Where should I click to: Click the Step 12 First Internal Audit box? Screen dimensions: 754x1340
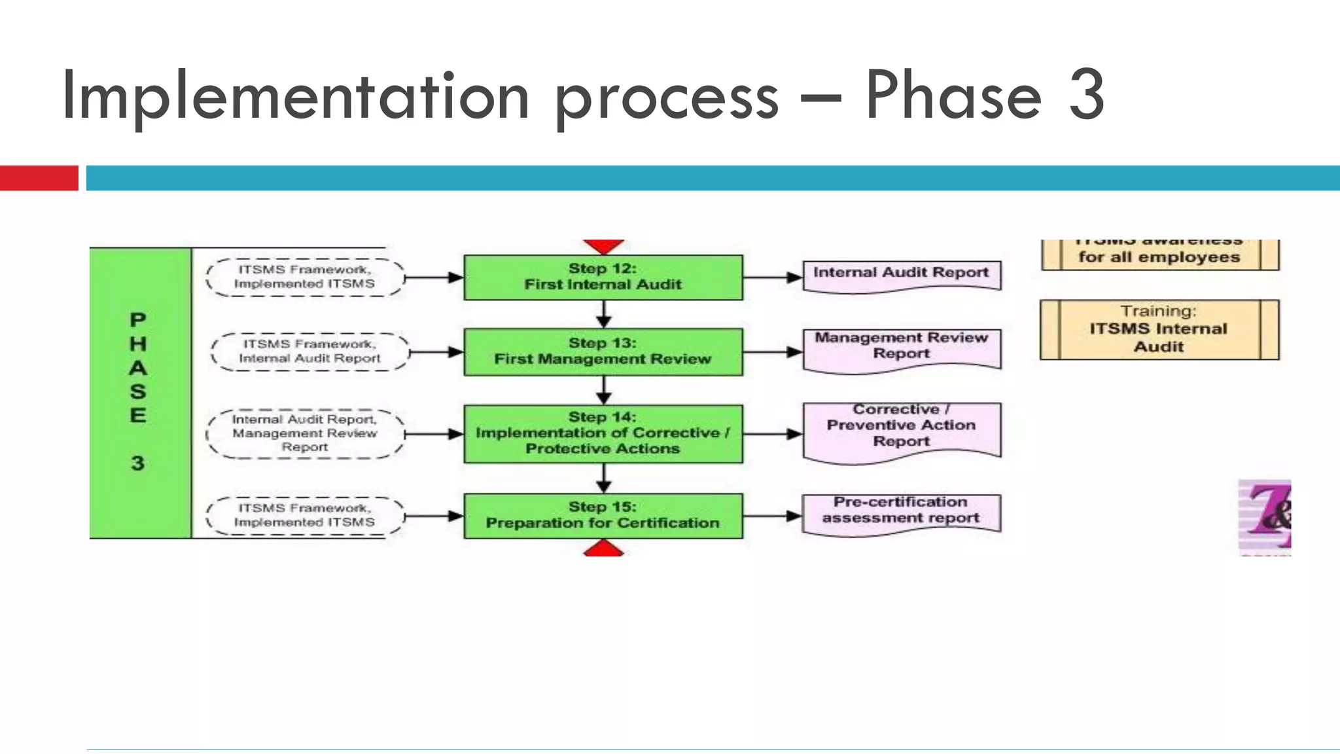coord(603,278)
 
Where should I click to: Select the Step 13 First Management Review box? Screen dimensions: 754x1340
coord(603,352)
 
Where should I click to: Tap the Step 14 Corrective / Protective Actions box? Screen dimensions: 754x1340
coord(603,433)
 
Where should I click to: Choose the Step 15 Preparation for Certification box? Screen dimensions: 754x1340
coord(603,516)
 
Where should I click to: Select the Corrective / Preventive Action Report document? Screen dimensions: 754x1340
coord(901,429)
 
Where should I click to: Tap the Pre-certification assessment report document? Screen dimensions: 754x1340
coord(901,512)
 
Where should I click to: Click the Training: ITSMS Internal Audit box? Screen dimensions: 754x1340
coord(1159,330)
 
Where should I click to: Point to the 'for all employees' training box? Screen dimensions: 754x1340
coord(1159,256)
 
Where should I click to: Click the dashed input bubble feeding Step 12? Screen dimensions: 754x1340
coord(305,278)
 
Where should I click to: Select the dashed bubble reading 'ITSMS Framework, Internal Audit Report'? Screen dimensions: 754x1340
coord(309,352)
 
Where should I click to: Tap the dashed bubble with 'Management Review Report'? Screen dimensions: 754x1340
coord(305,433)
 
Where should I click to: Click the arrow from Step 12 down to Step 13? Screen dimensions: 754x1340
coord(603,314)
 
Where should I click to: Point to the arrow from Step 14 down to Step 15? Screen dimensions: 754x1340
coord(603,478)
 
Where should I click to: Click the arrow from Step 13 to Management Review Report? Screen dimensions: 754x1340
coord(772,352)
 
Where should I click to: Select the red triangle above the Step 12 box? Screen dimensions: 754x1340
coord(603,245)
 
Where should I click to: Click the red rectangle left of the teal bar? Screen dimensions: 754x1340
coord(39,178)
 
